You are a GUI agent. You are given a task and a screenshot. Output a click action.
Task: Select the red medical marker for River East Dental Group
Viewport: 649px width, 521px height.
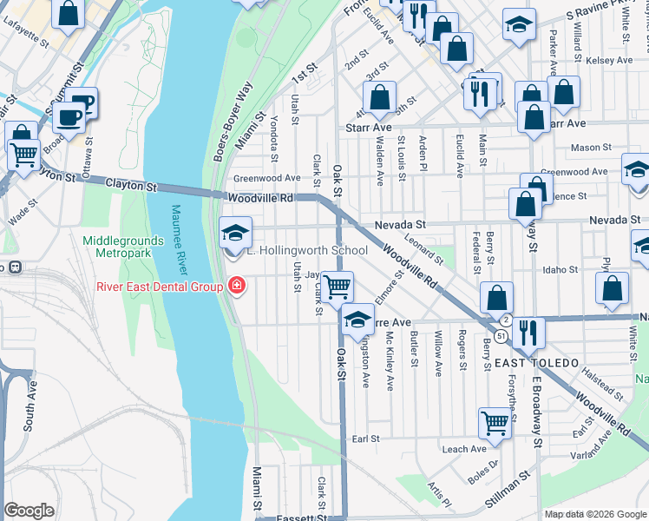tap(236, 285)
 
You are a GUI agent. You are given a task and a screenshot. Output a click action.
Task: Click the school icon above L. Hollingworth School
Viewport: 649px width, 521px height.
tap(235, 233)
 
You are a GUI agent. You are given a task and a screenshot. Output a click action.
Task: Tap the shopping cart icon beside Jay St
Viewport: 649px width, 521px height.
tap(337, 284)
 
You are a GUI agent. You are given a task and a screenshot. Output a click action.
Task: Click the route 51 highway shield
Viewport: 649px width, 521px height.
tap(501, 335)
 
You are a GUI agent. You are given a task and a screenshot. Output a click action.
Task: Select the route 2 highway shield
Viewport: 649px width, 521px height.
tap(505, 320)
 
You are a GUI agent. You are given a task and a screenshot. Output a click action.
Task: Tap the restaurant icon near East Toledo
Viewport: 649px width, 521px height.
tap(527, 331)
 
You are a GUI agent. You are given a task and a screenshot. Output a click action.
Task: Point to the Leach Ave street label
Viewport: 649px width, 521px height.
tap(464, 449)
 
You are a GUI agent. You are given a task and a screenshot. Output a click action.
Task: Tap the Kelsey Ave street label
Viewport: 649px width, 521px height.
tap(610, 61)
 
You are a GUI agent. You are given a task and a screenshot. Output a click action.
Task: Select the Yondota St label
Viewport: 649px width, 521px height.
tap(274, 138)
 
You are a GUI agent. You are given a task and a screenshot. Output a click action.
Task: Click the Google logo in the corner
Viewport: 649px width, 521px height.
tap(29, 511)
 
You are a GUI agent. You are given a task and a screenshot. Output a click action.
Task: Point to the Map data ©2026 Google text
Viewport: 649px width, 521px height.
tap(595, 514)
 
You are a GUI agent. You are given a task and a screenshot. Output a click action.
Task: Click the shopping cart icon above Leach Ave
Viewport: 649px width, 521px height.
tap(495, 423)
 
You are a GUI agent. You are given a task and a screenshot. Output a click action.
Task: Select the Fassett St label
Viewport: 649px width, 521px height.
tap(299, 518)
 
